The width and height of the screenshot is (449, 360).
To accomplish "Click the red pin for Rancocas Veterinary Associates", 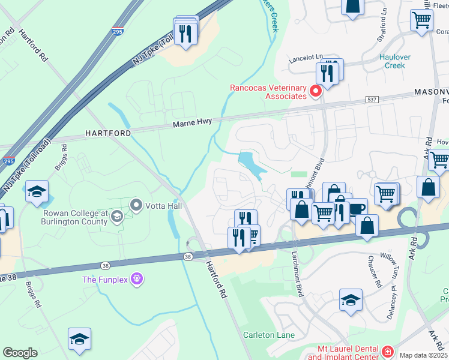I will click(316, 92).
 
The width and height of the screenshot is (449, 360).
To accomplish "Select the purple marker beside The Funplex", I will click(137, 279).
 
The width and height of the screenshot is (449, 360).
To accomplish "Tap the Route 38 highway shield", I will click(188, 257).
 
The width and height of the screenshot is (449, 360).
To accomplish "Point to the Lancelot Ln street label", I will click(305, 60).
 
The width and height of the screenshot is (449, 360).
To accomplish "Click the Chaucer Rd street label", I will click(376, 271).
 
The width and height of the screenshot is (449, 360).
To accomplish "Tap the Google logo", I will click(20, 353).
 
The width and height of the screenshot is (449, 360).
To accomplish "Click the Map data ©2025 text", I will click(423, 355).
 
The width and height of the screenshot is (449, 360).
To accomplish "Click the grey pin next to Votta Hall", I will click(136, 206).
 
